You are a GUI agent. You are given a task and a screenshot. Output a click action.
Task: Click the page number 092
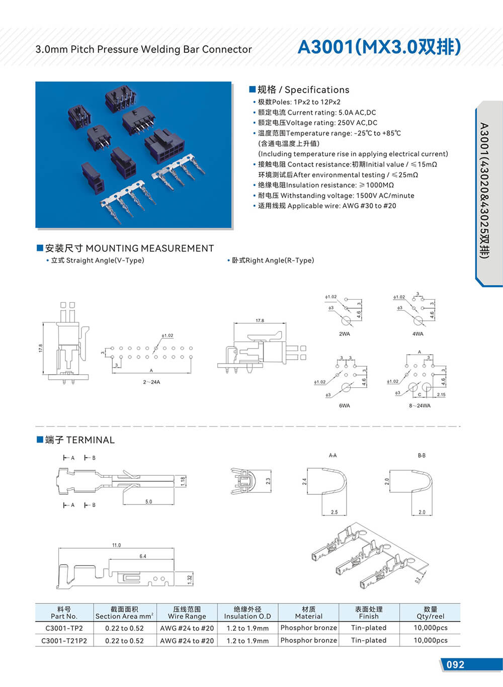(455, 664)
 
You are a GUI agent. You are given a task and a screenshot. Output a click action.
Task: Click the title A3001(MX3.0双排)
(379, 47)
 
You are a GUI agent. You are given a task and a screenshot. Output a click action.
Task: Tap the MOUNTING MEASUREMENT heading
(129, 248)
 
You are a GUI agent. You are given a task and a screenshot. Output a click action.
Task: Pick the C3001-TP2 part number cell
(64, 628)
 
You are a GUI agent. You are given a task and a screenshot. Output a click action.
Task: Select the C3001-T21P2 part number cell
(64, 641)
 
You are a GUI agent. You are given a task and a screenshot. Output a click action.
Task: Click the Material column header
(309, 613)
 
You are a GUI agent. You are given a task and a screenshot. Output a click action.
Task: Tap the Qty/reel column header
(431, 613)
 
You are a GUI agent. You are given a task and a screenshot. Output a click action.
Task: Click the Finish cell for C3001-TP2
(369, 628)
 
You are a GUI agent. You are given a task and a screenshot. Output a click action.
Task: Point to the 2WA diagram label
(345, 334)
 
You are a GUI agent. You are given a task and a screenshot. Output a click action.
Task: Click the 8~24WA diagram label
(420, 405)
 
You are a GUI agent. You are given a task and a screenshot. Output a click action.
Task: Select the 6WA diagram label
(345, 405)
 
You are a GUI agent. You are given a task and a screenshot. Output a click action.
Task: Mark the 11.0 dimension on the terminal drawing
(117, 545)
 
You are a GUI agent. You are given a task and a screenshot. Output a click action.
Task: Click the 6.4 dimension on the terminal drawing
(143, 556)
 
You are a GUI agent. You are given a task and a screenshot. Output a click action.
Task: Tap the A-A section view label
(332, 456)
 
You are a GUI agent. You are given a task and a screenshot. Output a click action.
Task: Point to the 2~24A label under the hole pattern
(151, 382)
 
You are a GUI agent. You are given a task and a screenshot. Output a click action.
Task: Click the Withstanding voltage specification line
(336, 196)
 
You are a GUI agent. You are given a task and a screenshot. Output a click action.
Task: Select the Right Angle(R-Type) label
(273, 261)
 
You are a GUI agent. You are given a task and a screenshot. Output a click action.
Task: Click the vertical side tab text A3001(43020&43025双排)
(484, 191)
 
